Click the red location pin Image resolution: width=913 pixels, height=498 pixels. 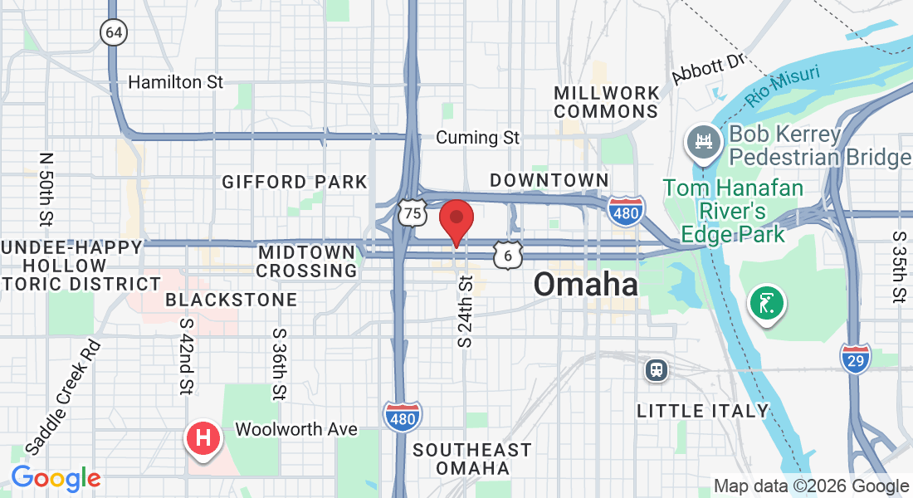click(456, 221)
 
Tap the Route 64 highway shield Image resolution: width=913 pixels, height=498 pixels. click(114, 32)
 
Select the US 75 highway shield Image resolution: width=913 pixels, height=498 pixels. click(412, 213)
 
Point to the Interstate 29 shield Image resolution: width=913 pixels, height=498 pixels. click(855, 359)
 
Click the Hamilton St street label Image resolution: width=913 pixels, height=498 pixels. click(176, 82)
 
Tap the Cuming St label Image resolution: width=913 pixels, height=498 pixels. click(477, 138)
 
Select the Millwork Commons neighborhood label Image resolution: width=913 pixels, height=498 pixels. click(607, 101)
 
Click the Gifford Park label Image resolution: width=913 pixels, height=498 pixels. click(294, 182)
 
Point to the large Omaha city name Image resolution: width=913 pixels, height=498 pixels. click(586, 285)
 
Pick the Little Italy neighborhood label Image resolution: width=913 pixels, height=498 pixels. click(702, 411)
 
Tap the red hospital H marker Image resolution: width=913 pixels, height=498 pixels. click(204, 437)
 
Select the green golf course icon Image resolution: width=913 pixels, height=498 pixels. click(767, 303)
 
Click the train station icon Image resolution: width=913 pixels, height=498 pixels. click(657, 369)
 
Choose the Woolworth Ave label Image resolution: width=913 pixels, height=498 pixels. click(296, 429)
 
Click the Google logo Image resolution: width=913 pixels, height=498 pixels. click(56, 478)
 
